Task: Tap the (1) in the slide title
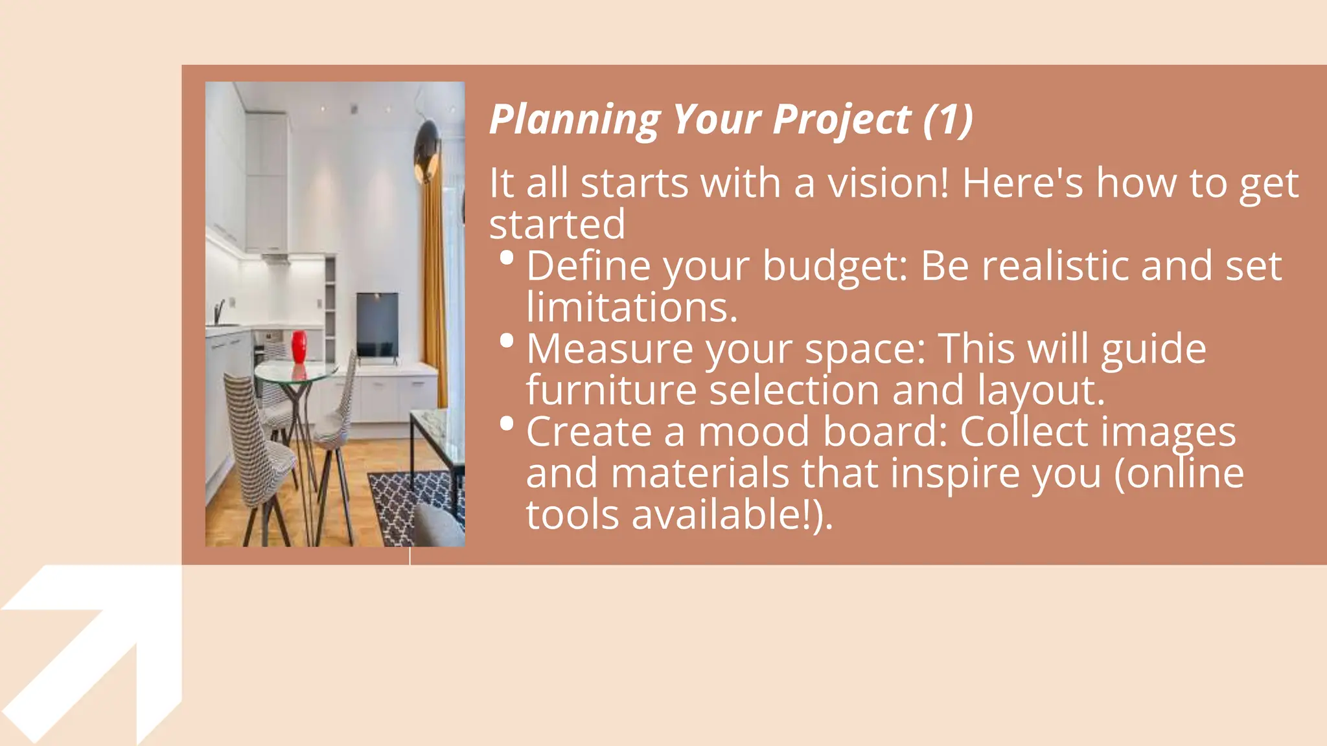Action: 948,120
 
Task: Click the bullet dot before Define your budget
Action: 507,258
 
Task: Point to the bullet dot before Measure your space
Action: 507,341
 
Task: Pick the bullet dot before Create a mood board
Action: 507,424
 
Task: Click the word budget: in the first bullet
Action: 835,266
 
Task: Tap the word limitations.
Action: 632,307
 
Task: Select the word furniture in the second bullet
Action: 611,390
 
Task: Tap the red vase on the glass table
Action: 299,347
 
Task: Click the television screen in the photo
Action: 377,324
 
